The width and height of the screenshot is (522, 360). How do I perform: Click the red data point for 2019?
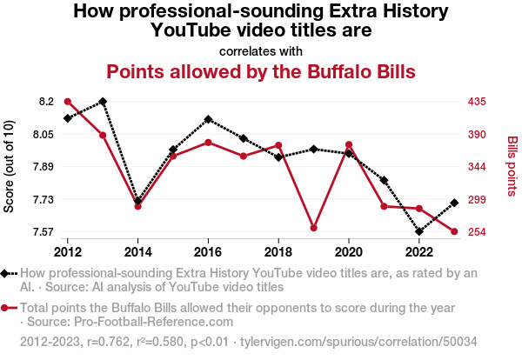tap(313, 228)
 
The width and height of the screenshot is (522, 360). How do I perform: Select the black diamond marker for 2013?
tap(103, 102)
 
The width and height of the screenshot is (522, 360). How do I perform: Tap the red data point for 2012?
tap(68, 102)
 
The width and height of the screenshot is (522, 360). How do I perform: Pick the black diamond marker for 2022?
tap(419, 232)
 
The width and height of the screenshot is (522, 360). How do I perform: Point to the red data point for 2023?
tap(454, 232)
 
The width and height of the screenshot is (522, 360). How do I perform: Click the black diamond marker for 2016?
tap(208, 119)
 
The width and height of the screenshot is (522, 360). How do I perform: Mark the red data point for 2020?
tap(349, 144)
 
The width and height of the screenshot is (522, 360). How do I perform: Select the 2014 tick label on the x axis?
tap(137, 251)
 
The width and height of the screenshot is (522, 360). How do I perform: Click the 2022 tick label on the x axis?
tap(419, 251)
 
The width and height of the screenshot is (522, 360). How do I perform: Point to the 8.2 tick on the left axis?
tap(45, 102)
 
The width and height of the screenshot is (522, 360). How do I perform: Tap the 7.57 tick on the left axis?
tap(43, 232)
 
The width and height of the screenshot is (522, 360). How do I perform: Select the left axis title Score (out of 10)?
tap(10, 167)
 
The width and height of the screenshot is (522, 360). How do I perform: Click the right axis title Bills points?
tap(512, 165)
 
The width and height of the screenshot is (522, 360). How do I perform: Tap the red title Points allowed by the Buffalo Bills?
tap(261, 70)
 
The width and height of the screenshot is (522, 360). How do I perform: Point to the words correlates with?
tap(261, 50)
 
